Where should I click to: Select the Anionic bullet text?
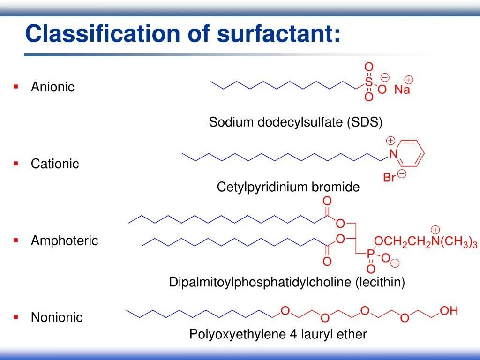tap(52, 87)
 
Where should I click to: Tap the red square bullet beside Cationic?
tap(16, 163)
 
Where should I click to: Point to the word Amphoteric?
tap(65, 241)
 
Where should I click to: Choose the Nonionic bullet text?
tap(57, 317)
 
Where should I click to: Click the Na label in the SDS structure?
tap(402, 90)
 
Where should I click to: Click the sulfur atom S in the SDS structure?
tap(369, 82)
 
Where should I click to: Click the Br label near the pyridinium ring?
tap(390, 178)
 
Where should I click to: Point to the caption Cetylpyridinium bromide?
tap(288, 187)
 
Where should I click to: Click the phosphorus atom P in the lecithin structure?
tap(370, 254)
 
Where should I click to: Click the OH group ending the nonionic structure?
tap(449, 311)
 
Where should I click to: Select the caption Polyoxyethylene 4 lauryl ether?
tap(278, 334)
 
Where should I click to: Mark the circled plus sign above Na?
tap(409, 79)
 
